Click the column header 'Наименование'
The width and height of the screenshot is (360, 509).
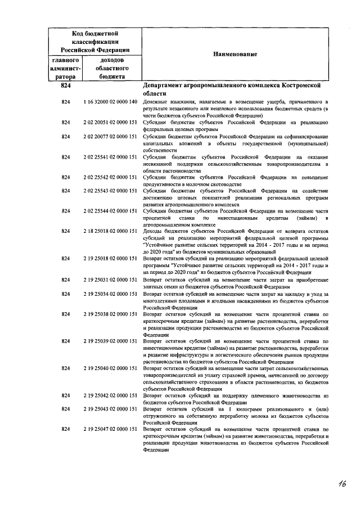(235, 54)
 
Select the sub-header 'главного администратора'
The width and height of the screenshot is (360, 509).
(66, 68)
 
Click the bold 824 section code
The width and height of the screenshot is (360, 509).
(66, 85)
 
